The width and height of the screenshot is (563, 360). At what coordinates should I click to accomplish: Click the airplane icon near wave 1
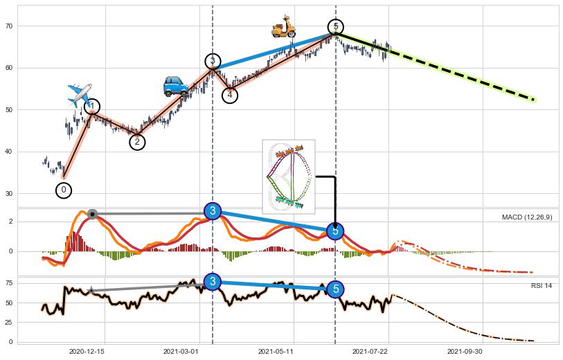point(80,95)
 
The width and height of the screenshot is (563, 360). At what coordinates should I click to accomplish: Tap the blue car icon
point(176,86)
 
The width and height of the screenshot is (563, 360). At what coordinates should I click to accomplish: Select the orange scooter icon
point(283,26)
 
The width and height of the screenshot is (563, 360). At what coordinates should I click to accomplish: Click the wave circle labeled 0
point(64,189)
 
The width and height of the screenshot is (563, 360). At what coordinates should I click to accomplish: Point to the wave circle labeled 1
point(91,107)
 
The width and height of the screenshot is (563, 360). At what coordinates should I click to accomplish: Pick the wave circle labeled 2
point(137,142)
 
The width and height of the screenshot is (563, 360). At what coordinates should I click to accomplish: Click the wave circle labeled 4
point(230,95)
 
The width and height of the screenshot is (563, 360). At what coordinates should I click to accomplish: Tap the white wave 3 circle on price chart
point(213,61)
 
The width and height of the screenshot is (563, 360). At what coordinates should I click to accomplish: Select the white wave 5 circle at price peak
point(336,27)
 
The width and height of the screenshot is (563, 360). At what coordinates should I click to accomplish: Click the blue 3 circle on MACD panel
point(213,210)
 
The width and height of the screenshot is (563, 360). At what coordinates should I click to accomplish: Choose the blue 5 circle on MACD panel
point(336,231)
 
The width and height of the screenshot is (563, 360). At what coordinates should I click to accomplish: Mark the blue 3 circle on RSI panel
point(213,281)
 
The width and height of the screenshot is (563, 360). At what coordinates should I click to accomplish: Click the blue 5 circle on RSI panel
point(336,289)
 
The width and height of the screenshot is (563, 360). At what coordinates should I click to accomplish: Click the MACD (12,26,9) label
point(527,217)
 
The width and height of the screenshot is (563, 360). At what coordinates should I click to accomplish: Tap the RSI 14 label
point(541,285)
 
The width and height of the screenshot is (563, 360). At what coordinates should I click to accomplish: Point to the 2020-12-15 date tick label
point(87,352)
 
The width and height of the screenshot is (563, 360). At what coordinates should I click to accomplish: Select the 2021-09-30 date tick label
point(464,352)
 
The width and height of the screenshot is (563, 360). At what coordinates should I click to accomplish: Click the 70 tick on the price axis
point(9,26)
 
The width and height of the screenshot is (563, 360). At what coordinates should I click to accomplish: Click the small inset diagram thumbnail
point(289,177)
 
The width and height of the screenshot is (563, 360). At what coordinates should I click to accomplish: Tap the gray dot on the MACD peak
point(92,214)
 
